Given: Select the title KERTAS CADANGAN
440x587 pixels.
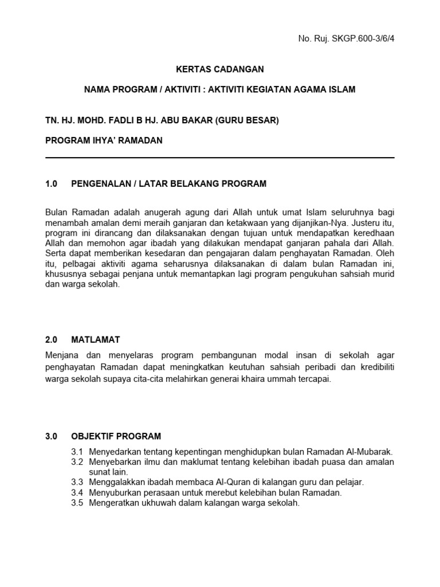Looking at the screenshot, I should [219, 69].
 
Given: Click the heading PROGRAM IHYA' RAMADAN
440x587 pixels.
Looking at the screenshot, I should [104, 140].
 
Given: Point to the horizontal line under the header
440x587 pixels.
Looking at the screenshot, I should [219, 158].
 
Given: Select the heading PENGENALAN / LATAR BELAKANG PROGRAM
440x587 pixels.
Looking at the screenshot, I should [168, 184].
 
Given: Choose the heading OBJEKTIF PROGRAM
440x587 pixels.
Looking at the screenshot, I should [116, 436].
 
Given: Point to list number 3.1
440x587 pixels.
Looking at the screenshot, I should [77, 452].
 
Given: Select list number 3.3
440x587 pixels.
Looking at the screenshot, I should [77, 482].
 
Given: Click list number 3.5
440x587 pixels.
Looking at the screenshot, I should [77, 503].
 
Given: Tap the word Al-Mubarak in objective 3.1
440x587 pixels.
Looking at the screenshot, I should [371, 452].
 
